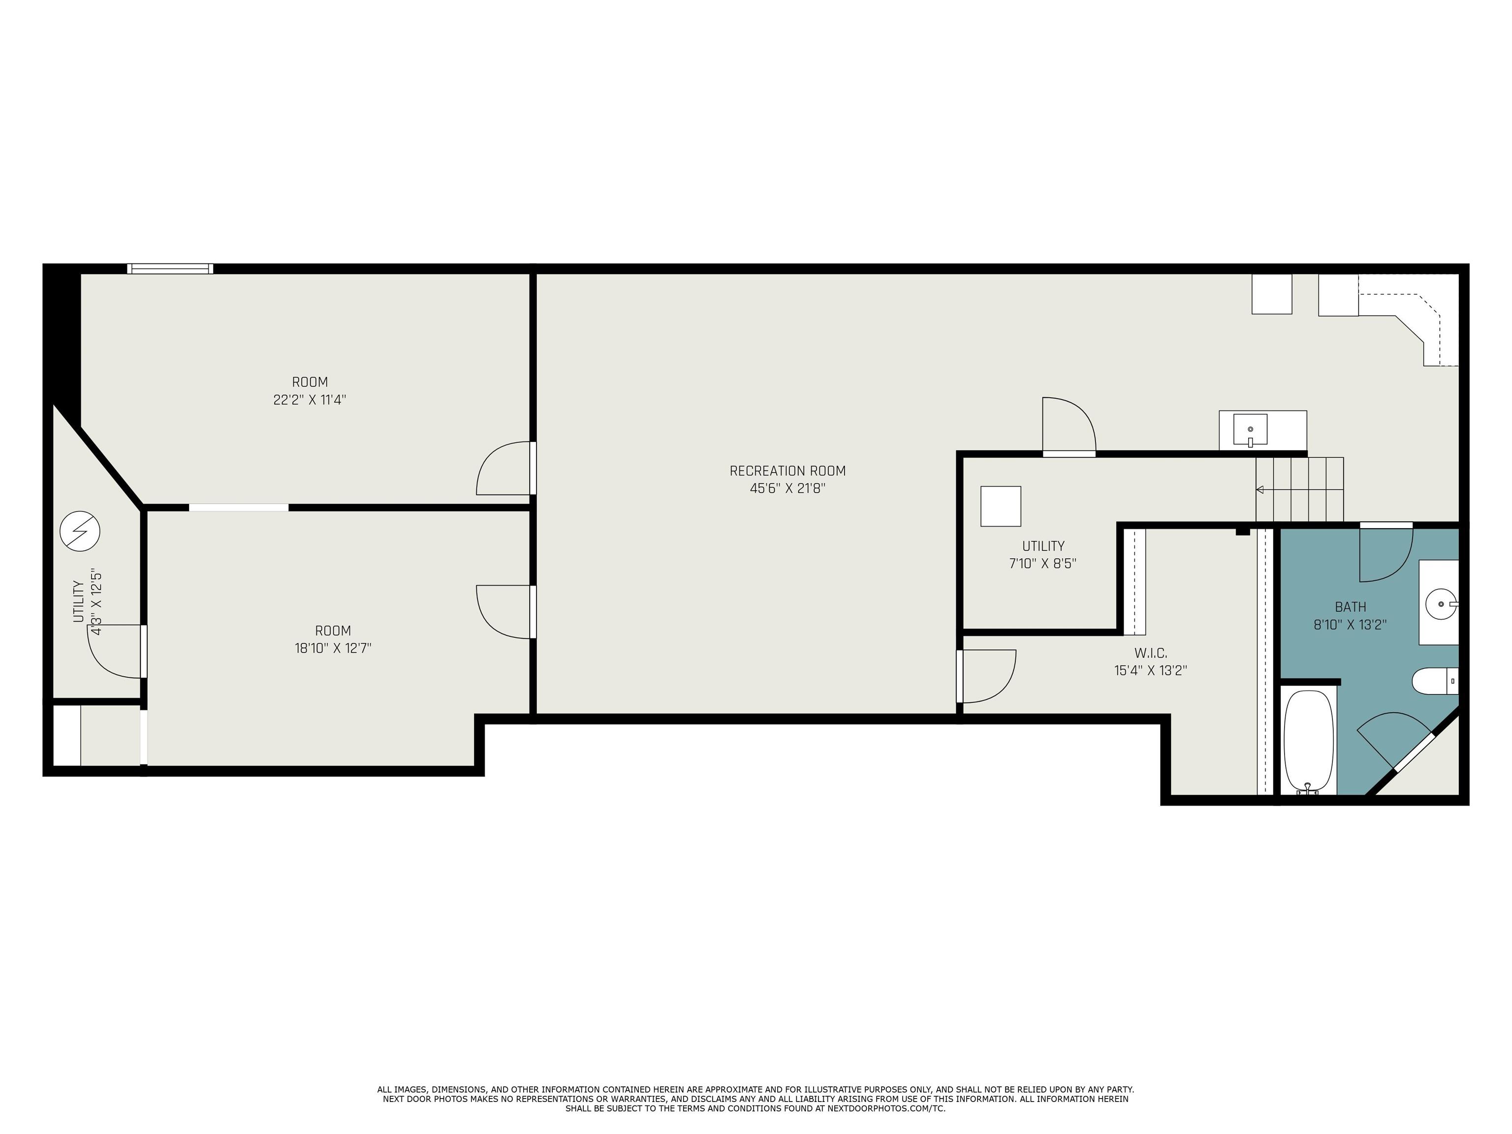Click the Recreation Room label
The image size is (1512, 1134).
(x=787, y=471)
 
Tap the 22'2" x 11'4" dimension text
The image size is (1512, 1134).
(x=310, y=400)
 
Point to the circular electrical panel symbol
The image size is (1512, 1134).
(x=80, y=531)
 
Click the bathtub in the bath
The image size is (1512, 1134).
(x=1309, y=742)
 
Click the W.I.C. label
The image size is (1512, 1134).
(x=1151, y=653)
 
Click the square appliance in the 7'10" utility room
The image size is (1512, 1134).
(x=1001, y=506)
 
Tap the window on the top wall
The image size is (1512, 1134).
(x=170, y=269)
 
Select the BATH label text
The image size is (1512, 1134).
(x=1351, y=607)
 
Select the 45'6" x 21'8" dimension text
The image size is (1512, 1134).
(x=787, y=489)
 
